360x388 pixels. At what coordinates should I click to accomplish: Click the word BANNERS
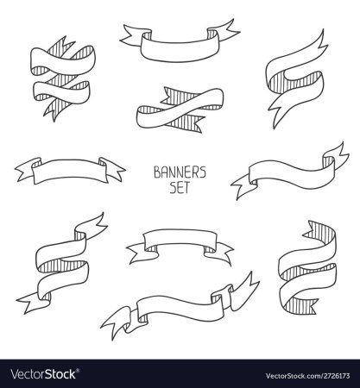click(180, 172)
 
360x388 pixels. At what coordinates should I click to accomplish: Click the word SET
click(180, 188)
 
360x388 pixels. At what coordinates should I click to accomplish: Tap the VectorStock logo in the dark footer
click(43, 374)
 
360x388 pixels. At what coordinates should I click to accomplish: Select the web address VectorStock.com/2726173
click(307, 376)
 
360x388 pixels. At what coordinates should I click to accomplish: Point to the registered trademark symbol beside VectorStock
click(78, 370)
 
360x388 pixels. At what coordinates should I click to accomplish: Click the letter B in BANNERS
click(157, 172)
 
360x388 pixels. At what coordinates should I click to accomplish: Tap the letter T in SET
click(186, 188)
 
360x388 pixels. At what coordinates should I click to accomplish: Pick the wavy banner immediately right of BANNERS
click(290, 172)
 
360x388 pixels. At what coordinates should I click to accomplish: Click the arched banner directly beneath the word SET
click(180, 240)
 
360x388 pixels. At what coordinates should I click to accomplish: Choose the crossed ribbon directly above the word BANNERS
click(180, 110)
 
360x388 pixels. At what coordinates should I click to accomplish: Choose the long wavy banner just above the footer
click(180, 309)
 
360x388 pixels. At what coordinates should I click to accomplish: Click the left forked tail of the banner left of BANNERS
click(28, 169)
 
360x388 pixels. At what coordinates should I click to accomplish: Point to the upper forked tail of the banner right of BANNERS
click(337, 153)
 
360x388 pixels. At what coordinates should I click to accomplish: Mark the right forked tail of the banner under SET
click(219, 252)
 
